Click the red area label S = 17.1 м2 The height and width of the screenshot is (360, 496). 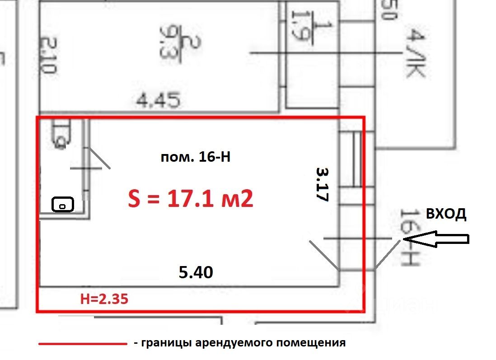190,199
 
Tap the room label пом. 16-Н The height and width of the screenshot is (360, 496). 196,158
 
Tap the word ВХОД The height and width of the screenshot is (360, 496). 445,214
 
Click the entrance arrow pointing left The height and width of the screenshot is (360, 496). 436,239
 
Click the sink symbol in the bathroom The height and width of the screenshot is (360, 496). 63,205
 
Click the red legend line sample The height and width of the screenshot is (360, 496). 82,344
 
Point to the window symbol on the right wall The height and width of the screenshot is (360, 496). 351,159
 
